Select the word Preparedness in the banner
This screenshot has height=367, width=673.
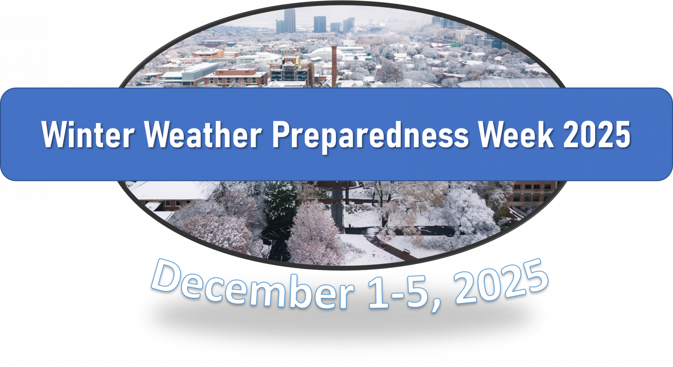tap(370, 136)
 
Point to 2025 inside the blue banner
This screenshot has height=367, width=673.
tap(597, 134)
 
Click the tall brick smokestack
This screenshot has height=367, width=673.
tap(334, 66)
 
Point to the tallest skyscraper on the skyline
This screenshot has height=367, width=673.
tap(290, 21)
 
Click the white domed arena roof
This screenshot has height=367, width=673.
tap(326, 53)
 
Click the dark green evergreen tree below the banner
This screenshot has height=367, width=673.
tap(280, 199)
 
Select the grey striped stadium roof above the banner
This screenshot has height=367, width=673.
tap(508, 83)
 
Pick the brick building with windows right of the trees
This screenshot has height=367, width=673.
tap(532, 194)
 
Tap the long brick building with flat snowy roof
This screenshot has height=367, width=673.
tap(236, 77)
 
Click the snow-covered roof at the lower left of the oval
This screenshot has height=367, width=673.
tap(173, 190)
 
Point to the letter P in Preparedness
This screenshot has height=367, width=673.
tap(281, 134)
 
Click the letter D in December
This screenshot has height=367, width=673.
tap(166, 276)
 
